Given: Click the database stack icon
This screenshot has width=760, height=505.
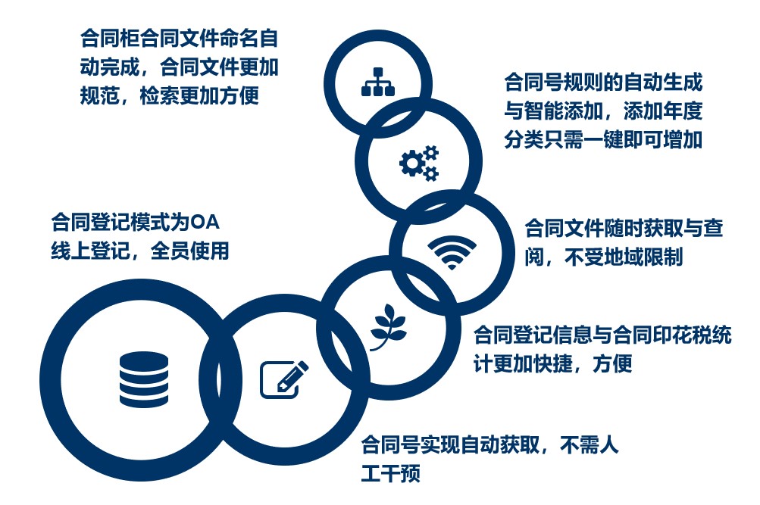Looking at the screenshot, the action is click(x=144, y=379).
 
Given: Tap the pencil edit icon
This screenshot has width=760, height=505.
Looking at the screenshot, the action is click(x=284, y=379).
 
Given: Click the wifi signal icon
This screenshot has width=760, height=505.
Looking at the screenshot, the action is click(x=452, y=253).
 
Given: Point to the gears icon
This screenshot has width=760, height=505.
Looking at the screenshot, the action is click(x=419, y=163).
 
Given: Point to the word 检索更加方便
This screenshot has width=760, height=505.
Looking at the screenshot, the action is click(x=199, y=95).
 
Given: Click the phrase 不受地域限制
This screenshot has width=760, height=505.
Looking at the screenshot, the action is click(x=624, y=257).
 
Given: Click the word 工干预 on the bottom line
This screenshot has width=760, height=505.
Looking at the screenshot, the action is click(x=391, y=473).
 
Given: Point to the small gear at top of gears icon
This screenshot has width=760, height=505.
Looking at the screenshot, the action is click(x=430, y=152).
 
